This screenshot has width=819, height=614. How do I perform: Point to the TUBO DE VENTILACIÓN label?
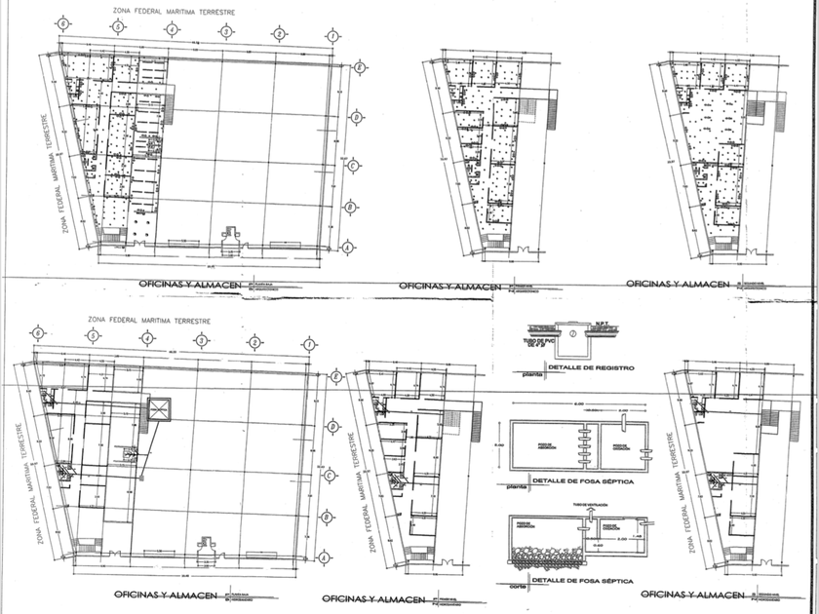coord(592,504)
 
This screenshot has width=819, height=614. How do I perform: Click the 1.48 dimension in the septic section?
coord(637,535)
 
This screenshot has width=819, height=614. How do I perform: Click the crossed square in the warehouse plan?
coord(159,407)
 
